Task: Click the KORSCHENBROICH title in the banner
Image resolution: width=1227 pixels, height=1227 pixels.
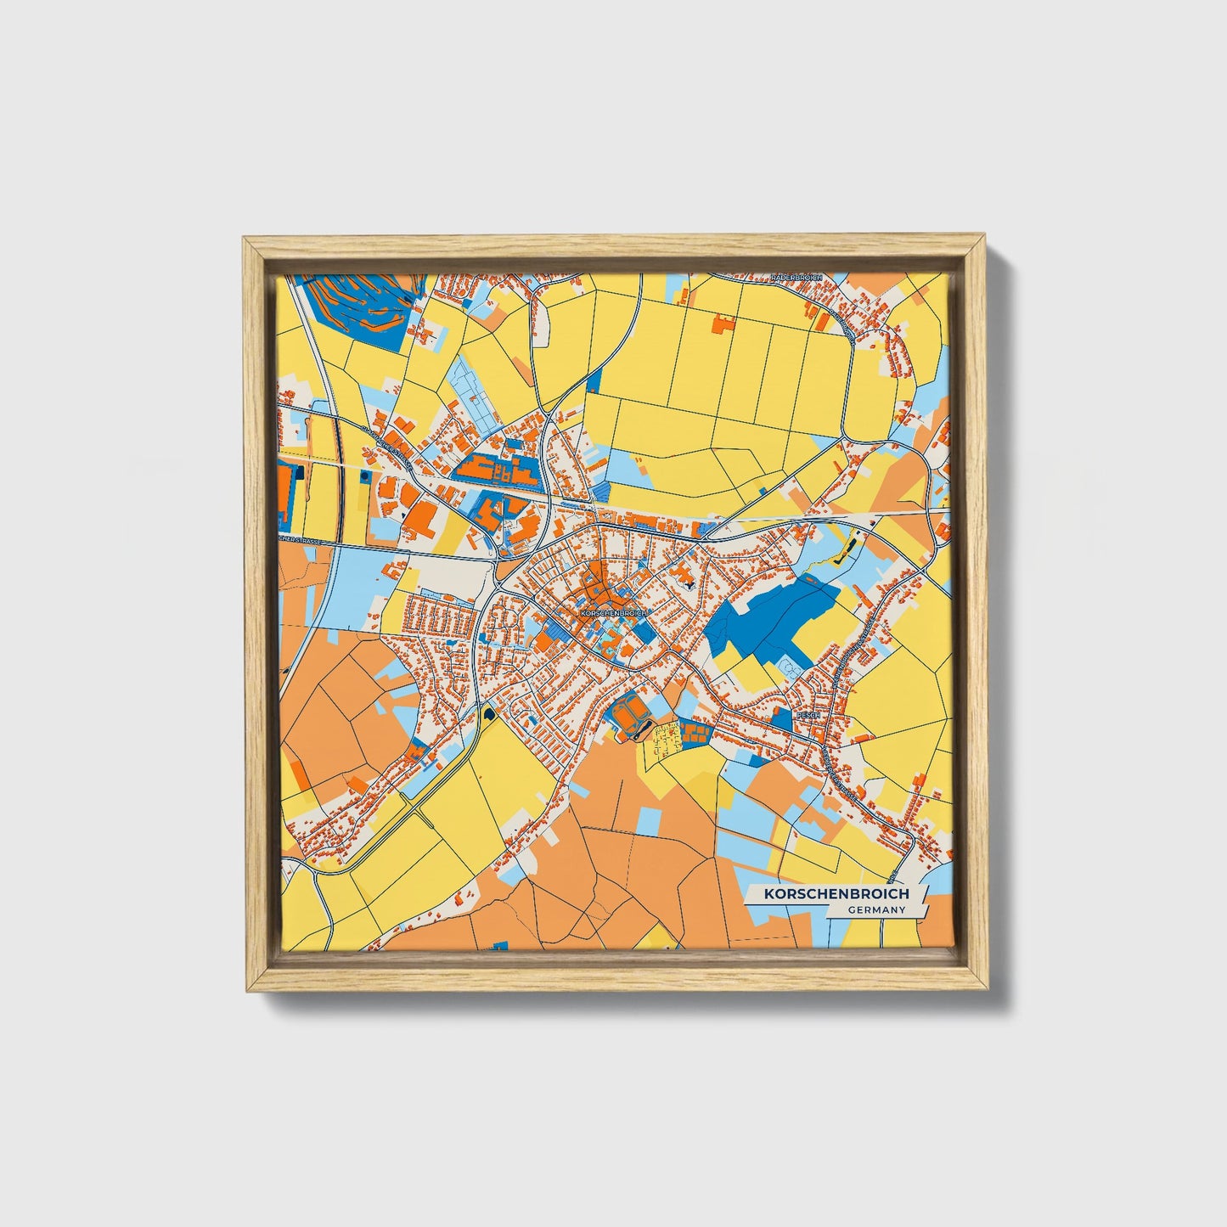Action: coord(836,894)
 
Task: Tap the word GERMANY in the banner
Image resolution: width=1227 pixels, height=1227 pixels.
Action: coord(875,910)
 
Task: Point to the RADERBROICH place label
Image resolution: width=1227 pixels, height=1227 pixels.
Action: coord(796,278)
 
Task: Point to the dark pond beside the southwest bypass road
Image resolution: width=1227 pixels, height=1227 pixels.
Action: coord(488,713)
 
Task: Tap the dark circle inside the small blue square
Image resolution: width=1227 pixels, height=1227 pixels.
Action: coord(365,477)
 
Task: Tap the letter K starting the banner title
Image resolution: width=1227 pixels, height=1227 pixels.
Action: coord(768,894)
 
